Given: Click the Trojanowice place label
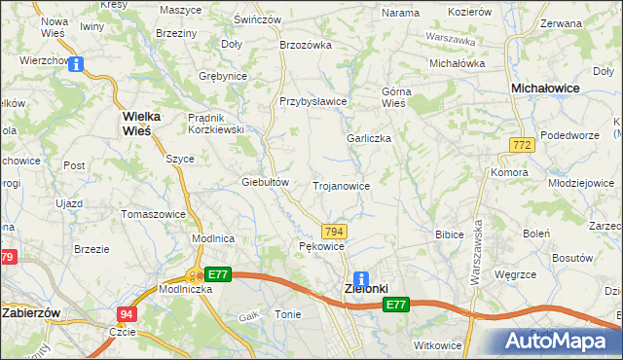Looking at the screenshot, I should [x=341, y=185].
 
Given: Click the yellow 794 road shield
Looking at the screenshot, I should [x=334, y=231].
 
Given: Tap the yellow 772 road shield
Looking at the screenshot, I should [x=520, y=144].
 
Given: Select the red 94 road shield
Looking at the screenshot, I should [x=127, y=314].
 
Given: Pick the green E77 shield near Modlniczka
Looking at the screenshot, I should [x=217, y=274].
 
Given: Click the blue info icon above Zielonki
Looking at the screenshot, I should [x=361, y=278].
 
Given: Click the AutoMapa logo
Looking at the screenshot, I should [x=560, y=341].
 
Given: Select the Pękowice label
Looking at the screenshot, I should [x=321, y=247].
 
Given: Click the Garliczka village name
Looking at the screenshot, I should [x=369, y=138].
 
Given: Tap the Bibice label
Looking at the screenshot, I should [x=449, y=234].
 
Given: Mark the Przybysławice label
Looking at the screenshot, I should [x=312, y=101].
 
